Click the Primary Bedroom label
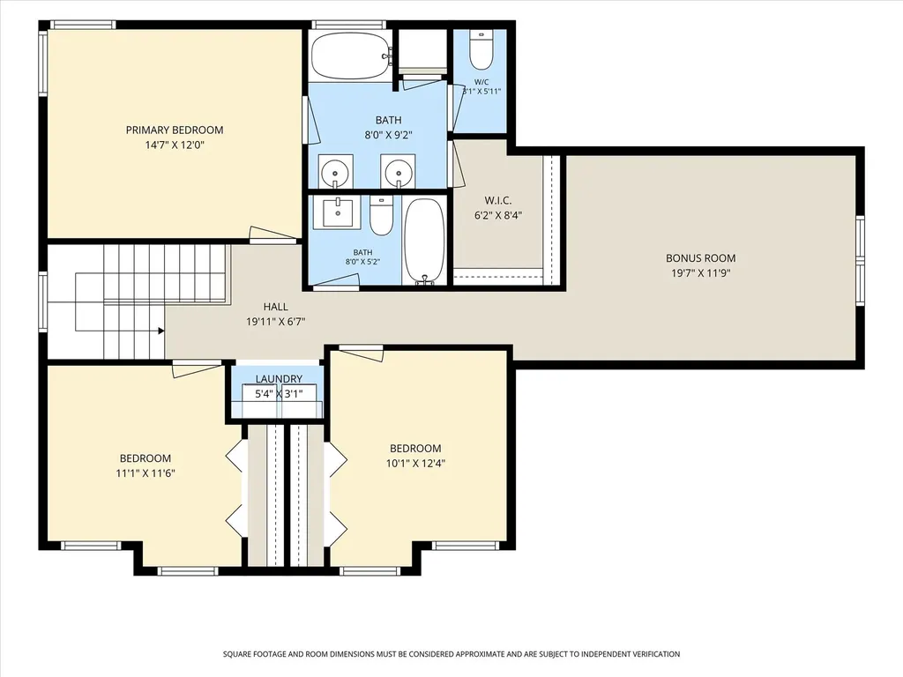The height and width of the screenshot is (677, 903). pos(175,130)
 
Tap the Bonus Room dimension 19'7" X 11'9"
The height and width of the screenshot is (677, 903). pos(701,273)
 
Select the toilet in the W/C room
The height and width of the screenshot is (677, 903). pos(481,49)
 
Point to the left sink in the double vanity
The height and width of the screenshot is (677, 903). pos(335,172)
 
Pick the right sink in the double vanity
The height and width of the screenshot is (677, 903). pos(398,172)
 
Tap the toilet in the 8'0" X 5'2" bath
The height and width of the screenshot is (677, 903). pos(381,216)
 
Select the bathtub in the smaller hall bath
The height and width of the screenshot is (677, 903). pos(424,242)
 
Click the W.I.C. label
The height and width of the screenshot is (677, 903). pos(498,200)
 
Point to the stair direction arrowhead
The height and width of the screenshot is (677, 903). pos(161,331)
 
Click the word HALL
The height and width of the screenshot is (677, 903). pos(276,307)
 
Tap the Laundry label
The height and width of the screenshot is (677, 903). pos(279,379)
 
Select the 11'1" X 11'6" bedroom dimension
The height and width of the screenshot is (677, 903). pos(146,473)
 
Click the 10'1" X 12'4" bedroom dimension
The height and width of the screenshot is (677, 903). pos(416,463)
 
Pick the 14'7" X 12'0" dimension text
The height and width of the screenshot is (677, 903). pos(175,145)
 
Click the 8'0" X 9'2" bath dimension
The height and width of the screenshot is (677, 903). pos(389,135)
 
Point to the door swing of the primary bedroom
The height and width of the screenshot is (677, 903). pos(272,233)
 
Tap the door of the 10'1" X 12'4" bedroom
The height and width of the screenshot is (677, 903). pos(361,353)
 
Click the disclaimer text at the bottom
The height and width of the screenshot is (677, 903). pos(451,654)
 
